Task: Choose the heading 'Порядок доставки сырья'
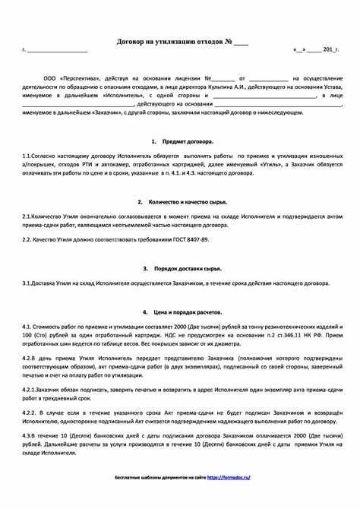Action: point(185,268)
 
